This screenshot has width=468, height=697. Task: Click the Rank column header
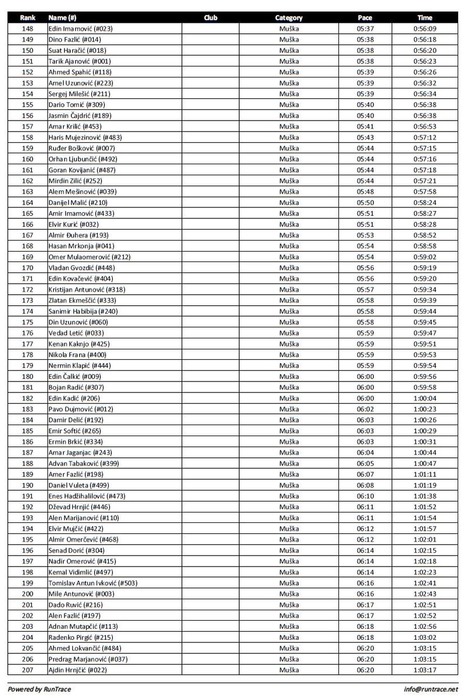tap(28, 18)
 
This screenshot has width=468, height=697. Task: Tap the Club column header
tap(211, 18)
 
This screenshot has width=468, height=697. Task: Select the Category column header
tap(289, 18)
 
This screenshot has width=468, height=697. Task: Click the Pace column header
tap(365, 18)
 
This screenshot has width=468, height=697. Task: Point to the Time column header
tap(425, 18)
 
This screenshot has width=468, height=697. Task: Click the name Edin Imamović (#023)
tap(80, 29)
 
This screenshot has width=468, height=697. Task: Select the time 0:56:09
tap(425, 29)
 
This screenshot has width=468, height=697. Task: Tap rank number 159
tap(28, 148)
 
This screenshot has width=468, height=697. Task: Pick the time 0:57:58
tap(425, 192)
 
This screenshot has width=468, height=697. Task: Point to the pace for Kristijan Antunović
tap(365, 290)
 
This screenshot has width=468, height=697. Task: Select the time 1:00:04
tap(425, 398)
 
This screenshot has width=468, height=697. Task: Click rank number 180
tap(28, 376)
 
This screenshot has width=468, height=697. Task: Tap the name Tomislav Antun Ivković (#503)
tap(93, 583)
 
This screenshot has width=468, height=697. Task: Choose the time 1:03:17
tap(425, 670)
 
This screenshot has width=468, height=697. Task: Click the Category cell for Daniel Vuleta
tap(289, 485)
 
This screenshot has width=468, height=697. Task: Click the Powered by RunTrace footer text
tap(39, 689)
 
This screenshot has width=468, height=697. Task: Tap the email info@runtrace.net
tap(431, 689)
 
